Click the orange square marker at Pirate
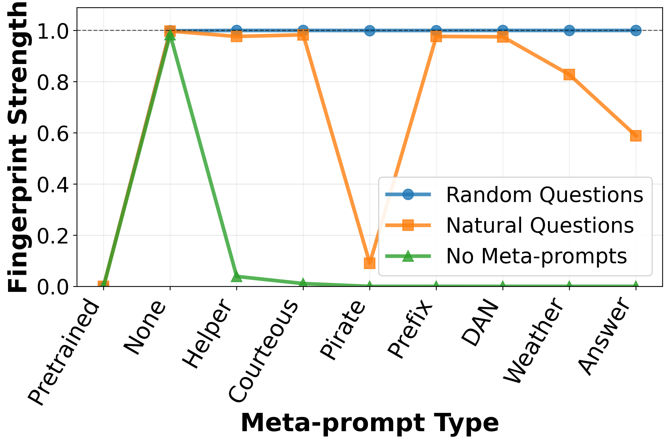[x=369, y=263]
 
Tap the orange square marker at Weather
[x=569, y=75]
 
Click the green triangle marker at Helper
[x=237, y=276]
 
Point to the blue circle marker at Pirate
[x=369, y=30]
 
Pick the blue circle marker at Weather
[x=569, y=30]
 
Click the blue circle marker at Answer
[x=636, y=30]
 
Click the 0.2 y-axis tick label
[x=53, y=236]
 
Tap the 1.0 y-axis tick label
[x=53, y=31]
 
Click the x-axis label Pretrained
[x=64, y=352]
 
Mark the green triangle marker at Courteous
[x=303, y=283]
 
